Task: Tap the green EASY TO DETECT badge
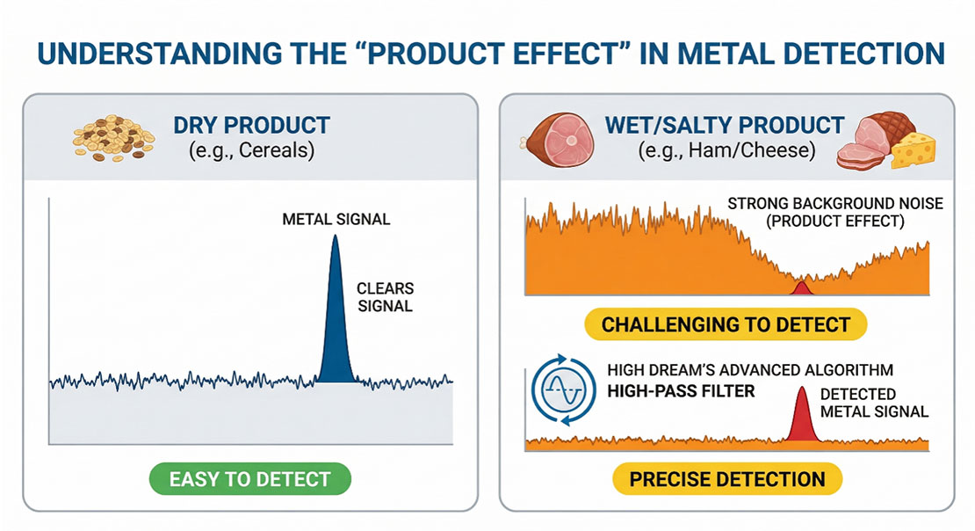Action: [x=250, y=479]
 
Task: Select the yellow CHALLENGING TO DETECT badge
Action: [x=726, y=324]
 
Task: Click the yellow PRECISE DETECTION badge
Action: [x=726, y=479]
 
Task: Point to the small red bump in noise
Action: [x=801, y=287]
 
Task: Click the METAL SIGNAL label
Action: [x=336, y=218]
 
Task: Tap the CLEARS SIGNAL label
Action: [x=385, y=297]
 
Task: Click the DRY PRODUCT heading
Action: [x=251, y=125]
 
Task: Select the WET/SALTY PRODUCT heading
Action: [x=726, y=125]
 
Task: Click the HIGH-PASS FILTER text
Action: [x=681, y=390]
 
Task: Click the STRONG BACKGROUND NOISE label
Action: [x=834, y=204]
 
